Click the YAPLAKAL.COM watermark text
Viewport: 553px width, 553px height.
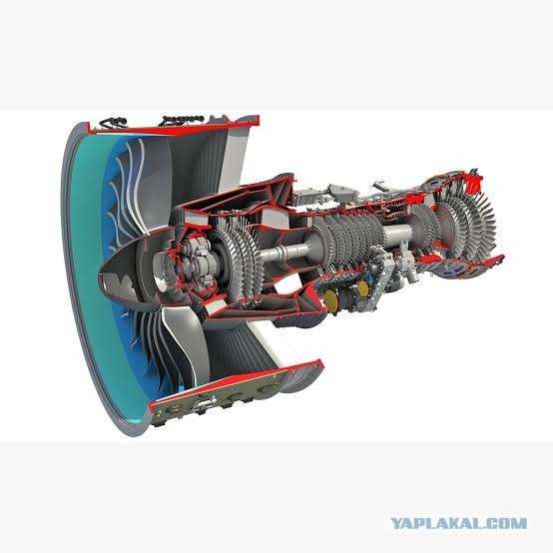point(458,523)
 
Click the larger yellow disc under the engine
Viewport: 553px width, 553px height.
point(330,300)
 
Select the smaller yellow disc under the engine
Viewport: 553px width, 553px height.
point(363,288)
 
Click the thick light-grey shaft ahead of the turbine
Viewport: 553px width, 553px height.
point(397,233)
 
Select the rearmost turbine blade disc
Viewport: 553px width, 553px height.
point(484,227)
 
